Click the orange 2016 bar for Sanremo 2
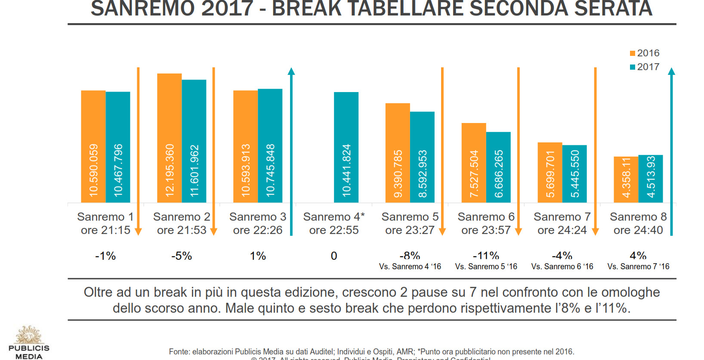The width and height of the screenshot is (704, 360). coord(169,138)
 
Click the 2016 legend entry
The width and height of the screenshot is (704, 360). coord(644,53)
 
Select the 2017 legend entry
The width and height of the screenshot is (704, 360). coord(644,67)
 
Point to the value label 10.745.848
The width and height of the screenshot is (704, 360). coord(270,170)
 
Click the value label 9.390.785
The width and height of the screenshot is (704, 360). coord(398,174)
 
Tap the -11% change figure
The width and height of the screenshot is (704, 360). coord(486,256)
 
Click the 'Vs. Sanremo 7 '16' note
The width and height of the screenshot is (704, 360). coord(638,267)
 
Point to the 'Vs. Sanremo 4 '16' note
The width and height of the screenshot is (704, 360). coord(410,267)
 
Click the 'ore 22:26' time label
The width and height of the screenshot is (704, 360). coord(257,231)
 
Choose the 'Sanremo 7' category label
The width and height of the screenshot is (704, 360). coord(562,217)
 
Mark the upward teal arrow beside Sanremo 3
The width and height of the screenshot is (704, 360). coord(291,151)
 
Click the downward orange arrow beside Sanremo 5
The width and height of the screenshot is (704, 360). coord(442,151)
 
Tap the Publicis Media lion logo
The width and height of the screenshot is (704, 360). coord(29,335)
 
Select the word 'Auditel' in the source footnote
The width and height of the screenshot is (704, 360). coord(321,352)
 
